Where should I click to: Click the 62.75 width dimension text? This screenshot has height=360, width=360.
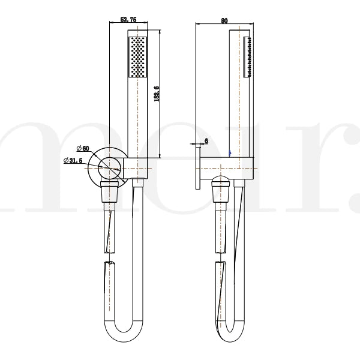(x=129, y=20)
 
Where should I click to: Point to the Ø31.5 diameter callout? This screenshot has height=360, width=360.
(x=74, y=160)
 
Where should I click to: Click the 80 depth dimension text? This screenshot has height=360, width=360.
(x=224, y=20)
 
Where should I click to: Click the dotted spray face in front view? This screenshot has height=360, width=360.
(x=137, y=56)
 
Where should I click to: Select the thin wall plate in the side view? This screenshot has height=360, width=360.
(x=199, y=168)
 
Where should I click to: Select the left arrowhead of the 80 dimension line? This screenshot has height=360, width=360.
(x=199, y=25)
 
